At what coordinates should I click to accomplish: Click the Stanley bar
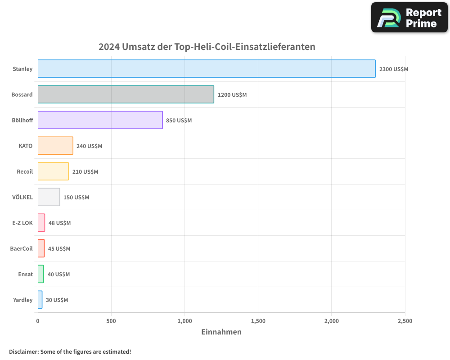tap(207, 69)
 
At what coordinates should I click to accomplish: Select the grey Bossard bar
tap(126, 94)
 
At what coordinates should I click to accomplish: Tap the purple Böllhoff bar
tap(100, 120)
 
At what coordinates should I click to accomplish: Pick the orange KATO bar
tap(55, 146)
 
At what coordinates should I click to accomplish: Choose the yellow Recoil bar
tap(53, 171)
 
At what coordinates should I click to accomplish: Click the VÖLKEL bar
tap(49, 197)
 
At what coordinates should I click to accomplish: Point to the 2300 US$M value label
tap(394, 69)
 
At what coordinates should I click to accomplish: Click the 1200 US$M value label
tap(232, 95)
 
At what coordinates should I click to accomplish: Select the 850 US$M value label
tap(179, 121)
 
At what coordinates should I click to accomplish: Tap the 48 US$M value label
tap(59, 223)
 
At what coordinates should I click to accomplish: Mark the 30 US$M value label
tap(57, 300)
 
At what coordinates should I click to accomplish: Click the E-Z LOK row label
tap(22, 223)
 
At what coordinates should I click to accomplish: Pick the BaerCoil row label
tap(22, 248)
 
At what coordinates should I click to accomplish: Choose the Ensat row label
tap(25, 274)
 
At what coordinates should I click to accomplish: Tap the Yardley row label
tap(23, 300)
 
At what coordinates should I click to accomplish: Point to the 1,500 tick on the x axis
tap(258, 321)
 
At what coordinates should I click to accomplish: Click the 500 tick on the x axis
tap(111, 321)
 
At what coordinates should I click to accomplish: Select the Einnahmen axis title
tap(221, 332)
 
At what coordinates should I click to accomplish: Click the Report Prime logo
tap(409, 18)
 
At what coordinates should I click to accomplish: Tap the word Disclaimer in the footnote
tap(23, 351)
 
